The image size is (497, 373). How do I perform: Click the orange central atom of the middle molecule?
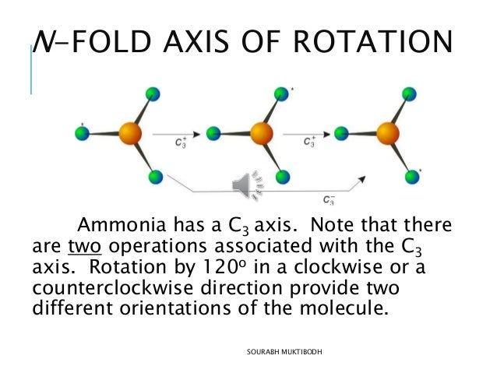point(262,134)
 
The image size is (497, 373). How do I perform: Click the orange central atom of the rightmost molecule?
point(388,134)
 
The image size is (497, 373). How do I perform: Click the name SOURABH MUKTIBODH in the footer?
point(285,353)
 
